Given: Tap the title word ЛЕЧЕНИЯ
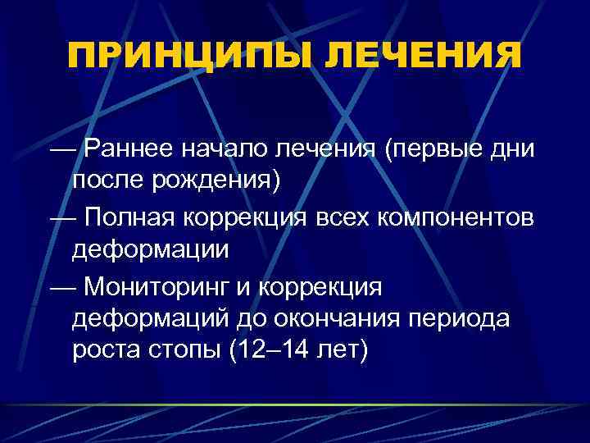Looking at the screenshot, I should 423,57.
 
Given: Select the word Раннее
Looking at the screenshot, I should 132,149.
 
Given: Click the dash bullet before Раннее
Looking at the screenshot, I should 60,151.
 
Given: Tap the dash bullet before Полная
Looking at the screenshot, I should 60,219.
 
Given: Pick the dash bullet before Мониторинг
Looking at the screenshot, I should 60,288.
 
